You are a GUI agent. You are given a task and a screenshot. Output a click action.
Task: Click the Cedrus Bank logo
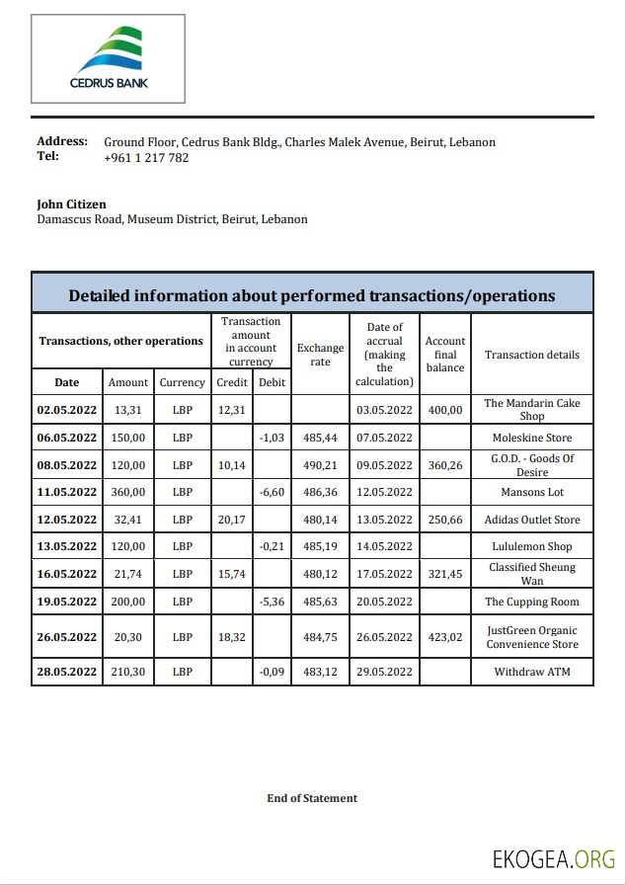pyautogui.click(x=109, y=58)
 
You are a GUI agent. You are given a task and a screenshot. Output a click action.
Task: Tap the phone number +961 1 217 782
pyautogui.click(x=146, y=158)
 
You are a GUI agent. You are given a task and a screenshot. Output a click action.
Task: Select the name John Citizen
pyautogui.click(x=71, y=204)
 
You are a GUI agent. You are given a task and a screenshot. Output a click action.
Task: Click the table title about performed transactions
pyautogui.click(x=312, y=295)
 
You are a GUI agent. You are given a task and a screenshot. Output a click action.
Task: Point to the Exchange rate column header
pyautogui.click(x=321, y=355)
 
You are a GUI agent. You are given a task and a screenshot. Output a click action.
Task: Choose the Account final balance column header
pyautogui.click(x=445, y=355)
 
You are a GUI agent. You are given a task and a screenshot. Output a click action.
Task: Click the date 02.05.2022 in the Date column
pyautogui.click(x=67, y=410)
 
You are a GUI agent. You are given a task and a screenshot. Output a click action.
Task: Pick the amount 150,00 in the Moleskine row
pyautogui.click(x=128, y=438)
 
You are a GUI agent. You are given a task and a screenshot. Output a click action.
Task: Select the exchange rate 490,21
pyautogui.click(x=321, y=465)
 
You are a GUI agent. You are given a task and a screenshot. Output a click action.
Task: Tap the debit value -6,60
pyautogui.click(x=272, y=492)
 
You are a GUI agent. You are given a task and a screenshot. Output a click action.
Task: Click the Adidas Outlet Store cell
pyautogui.click(x=532, y=520)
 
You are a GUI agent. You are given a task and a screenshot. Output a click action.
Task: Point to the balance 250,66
pyautogui.click(x=445, y=520)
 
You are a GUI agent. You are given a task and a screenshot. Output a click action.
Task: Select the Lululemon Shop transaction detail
pyautogui.click(x=532, y=546)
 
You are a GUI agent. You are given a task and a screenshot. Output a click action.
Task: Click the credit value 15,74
pyautogui.click(x=231, y=574)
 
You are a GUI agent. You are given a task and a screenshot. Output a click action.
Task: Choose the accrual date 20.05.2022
pyautogui.click(x=385, y=602)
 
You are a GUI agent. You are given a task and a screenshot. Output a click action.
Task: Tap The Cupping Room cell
pyautogui.click(x=532, y=602)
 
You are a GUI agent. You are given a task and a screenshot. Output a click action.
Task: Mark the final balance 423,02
pyautogui.click(x=445, y=637)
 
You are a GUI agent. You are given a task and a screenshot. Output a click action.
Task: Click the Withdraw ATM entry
pyautogui.click(x=532, y=673)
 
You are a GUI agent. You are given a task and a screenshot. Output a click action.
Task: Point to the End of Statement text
pyautogui.click(x=312, y=798)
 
